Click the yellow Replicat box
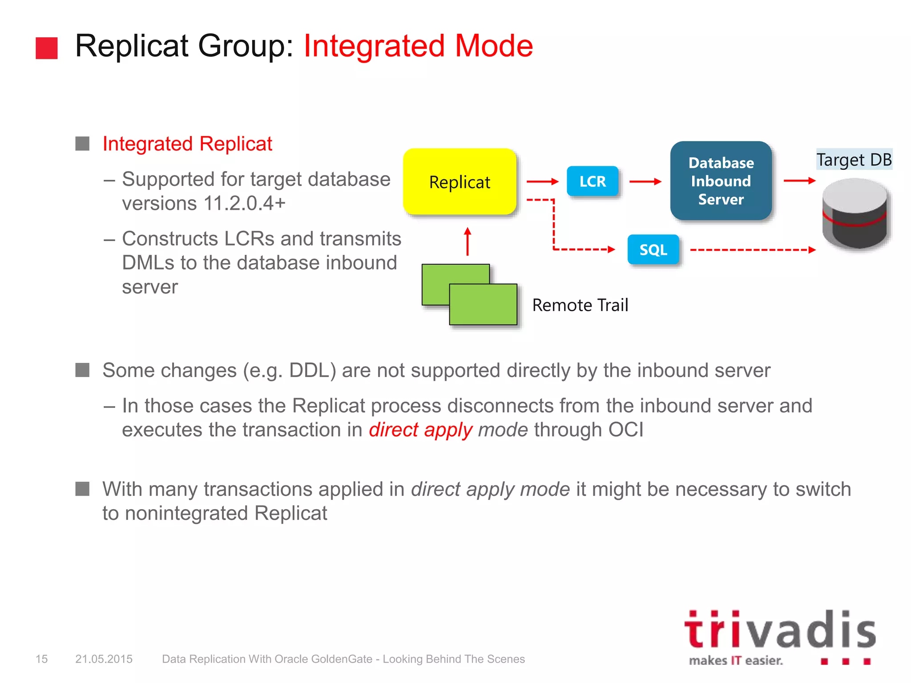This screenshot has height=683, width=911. [460, 182]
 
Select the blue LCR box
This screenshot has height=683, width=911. [593, 181]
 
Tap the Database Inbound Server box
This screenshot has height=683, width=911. [721, 181]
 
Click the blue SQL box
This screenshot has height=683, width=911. [653, 249]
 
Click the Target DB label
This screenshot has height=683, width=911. [854, 160]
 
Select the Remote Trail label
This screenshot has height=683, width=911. [580, 305]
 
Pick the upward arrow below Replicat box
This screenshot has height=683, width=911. [467, 241]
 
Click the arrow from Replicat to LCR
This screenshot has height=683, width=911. [542, 181]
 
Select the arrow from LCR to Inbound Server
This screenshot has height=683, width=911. [645, 181]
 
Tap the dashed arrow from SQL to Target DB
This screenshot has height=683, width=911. [752, 250]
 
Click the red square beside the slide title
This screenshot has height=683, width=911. [47, 48]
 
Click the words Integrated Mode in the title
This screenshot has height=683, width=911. [418, 46]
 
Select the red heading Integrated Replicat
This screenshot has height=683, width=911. [187, 144]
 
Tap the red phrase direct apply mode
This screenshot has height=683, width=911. [448, 430]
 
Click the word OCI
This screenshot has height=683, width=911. [626, 430]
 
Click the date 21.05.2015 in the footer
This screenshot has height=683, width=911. [104, 659]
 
